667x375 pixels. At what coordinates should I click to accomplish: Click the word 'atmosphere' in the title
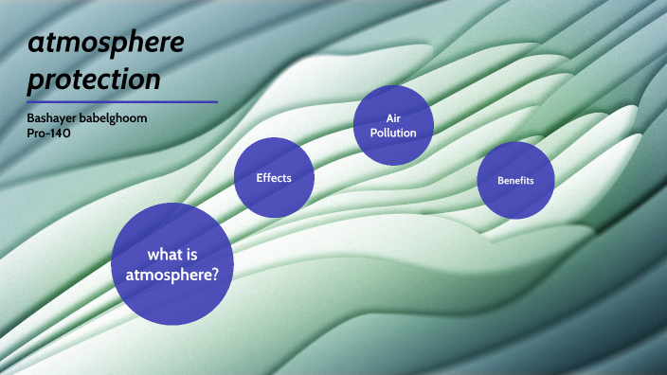tap(105, 42)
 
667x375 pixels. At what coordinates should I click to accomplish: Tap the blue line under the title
tap(122, 101)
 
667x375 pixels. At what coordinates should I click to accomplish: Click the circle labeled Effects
tap(274, 177)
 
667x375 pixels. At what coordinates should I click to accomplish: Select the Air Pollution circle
tap(393, 125)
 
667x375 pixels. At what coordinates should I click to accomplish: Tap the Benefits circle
tap(515, 180)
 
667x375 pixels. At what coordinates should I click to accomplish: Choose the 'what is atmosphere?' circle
tap(172, 263)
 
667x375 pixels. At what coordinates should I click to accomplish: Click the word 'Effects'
tap(274, 177)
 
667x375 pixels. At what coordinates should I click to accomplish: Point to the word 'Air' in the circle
tap(394, 118)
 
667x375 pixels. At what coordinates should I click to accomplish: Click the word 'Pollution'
tap(394, 133)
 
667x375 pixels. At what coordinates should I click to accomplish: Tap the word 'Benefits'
tap(516, 180)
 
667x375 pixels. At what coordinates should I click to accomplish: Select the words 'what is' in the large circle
tap(172, 255)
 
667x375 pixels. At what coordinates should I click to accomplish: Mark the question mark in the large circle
tap(216, 275)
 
